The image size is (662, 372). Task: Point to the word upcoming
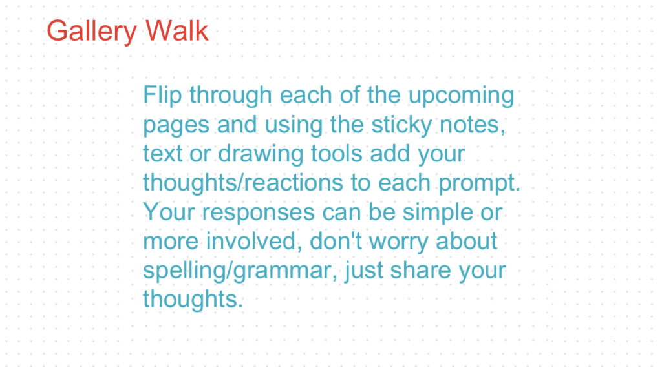point(460,96)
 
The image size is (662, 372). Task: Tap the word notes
point(475,125)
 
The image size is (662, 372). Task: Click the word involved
point(255,241)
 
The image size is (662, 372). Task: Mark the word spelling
point(181,270)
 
